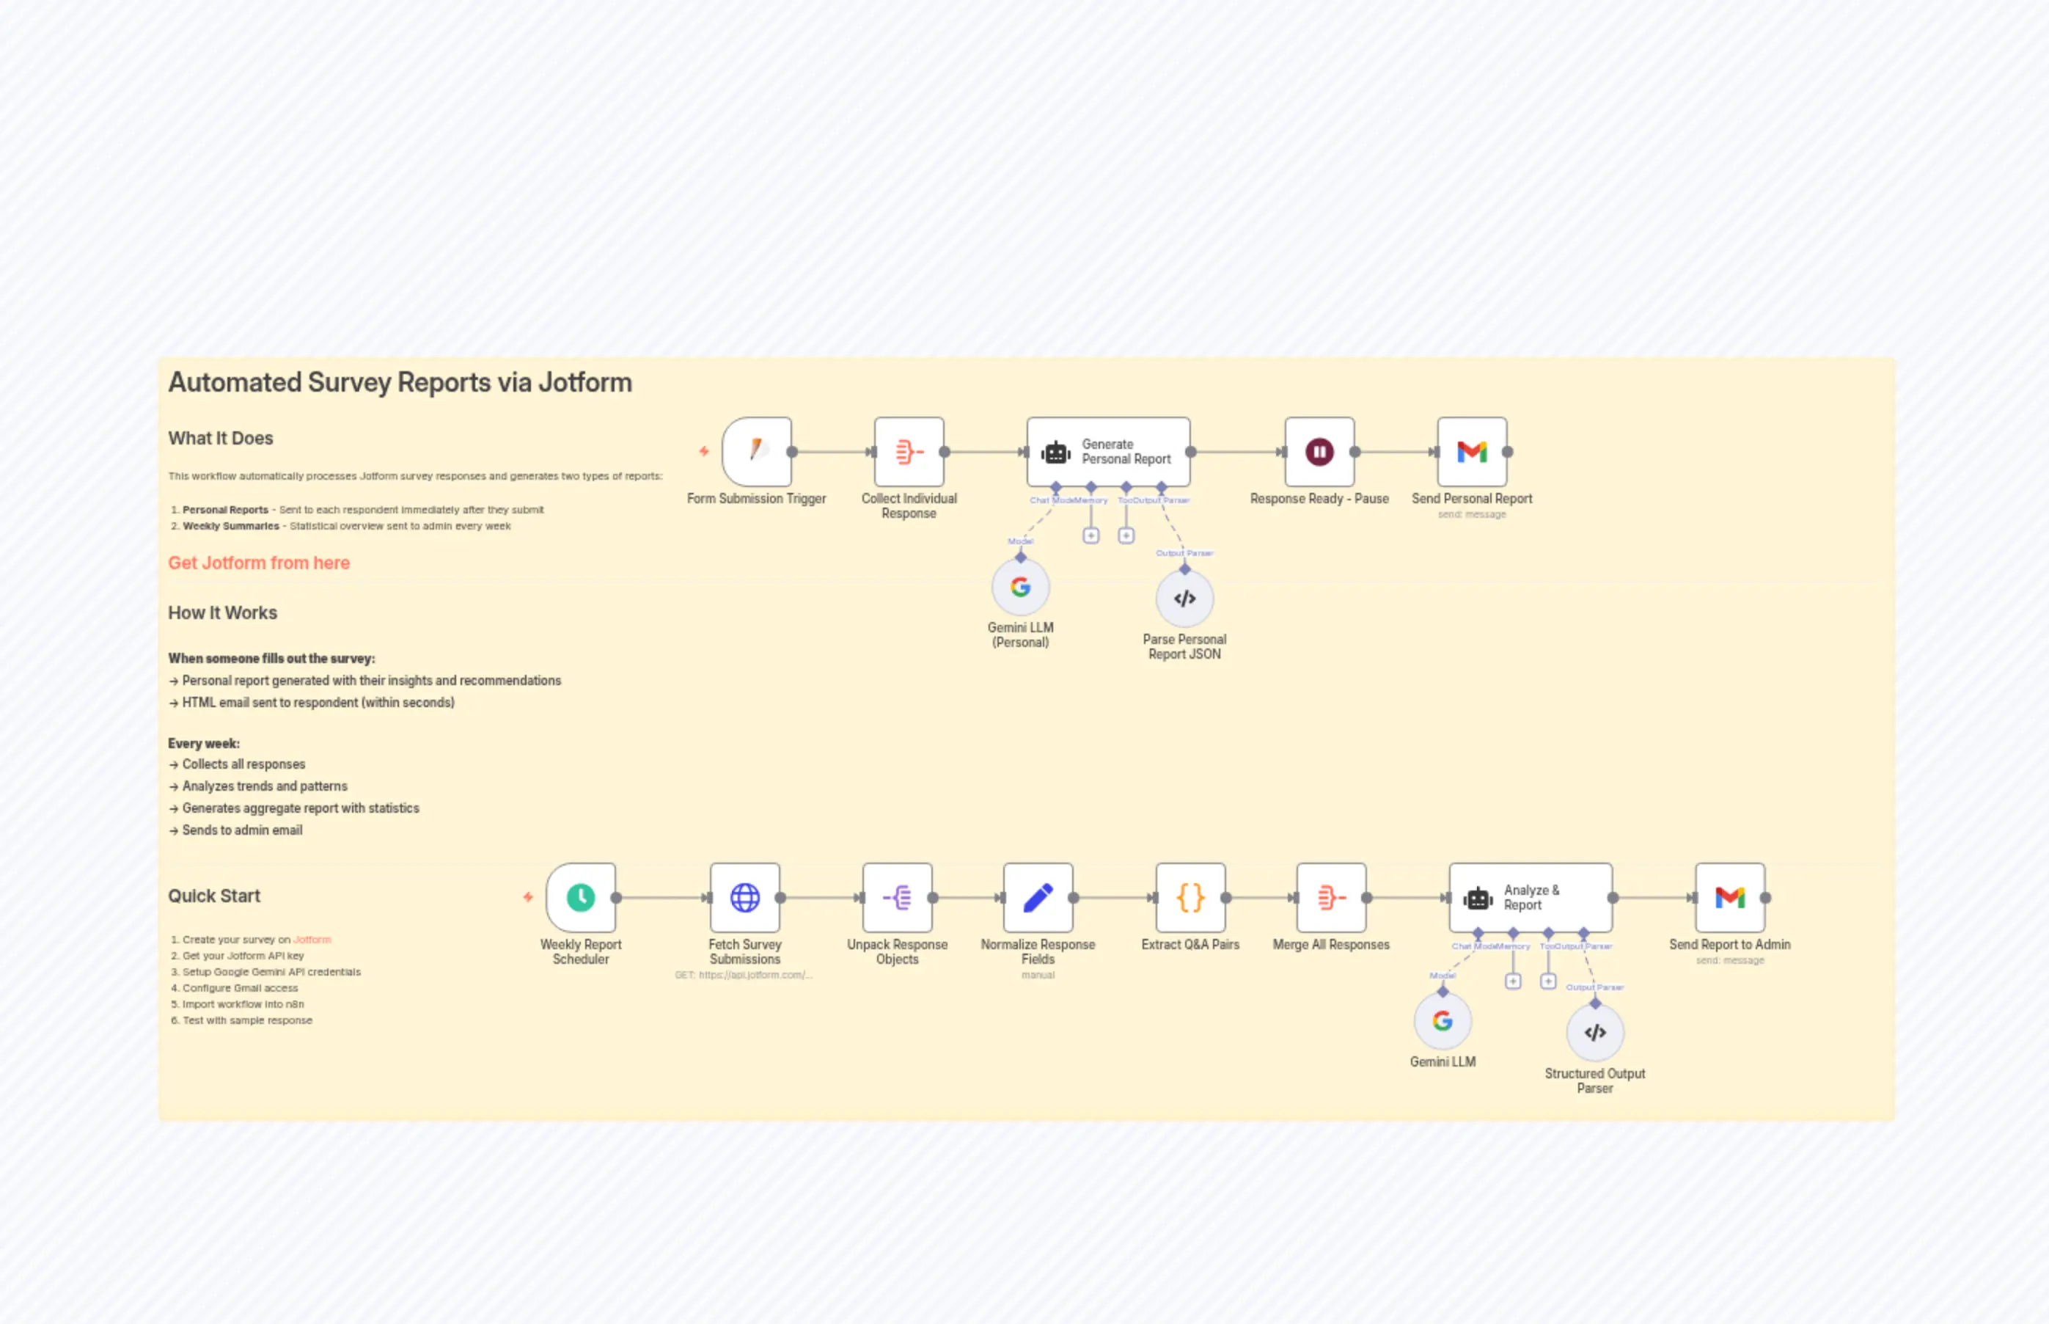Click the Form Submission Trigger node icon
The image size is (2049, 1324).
click(x=756, y=451)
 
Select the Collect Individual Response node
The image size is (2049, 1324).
click(x=909, y=451)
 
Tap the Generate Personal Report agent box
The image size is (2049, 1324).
click(x=1108, y=451)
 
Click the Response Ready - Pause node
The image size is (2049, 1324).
click(x=1319, y=451)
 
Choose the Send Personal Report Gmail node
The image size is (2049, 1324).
click(x=1471, y=451)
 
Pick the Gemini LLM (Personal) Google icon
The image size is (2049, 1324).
click(x=1020, y=588)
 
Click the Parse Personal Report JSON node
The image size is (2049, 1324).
click(x=1184, y=599)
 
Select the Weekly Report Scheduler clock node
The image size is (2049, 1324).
click(x=581, y=898)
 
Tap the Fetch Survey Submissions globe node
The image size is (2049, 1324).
click(x=744, y=898)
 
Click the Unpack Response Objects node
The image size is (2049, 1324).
click(x=898, y=898)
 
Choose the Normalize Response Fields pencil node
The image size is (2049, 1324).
click(x=1038, y=898)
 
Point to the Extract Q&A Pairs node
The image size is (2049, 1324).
click(x=1190, y=898)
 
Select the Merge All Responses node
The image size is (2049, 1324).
click(x=1330, y=898)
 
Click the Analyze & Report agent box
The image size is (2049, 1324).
click(x=1530, y=898)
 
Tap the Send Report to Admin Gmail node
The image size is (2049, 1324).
click(x=1729, y=898)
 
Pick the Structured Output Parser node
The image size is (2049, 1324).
click(x=1595, y=1033)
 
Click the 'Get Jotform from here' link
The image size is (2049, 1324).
click(x=259, y=563)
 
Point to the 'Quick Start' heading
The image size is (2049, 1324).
click(x=214, y=896)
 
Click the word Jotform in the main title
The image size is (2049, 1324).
click(x=584, y=383)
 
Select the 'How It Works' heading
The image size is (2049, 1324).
click(x=223, y=613)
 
